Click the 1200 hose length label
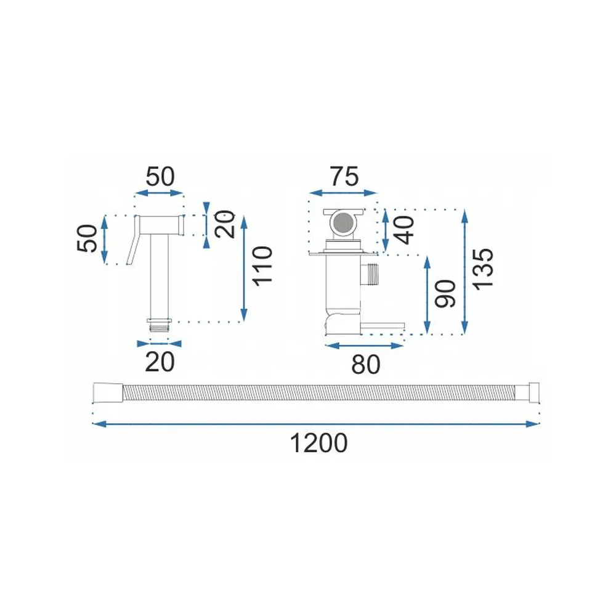point(318,443)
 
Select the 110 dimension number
point(262,266)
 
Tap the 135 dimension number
point(482,270)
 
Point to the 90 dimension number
point(445,293)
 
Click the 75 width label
point(344,176)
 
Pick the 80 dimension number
point(366,364)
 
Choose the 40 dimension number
point(404,230)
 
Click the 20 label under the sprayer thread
point(160,362)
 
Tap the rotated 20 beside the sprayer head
point(225,224)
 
